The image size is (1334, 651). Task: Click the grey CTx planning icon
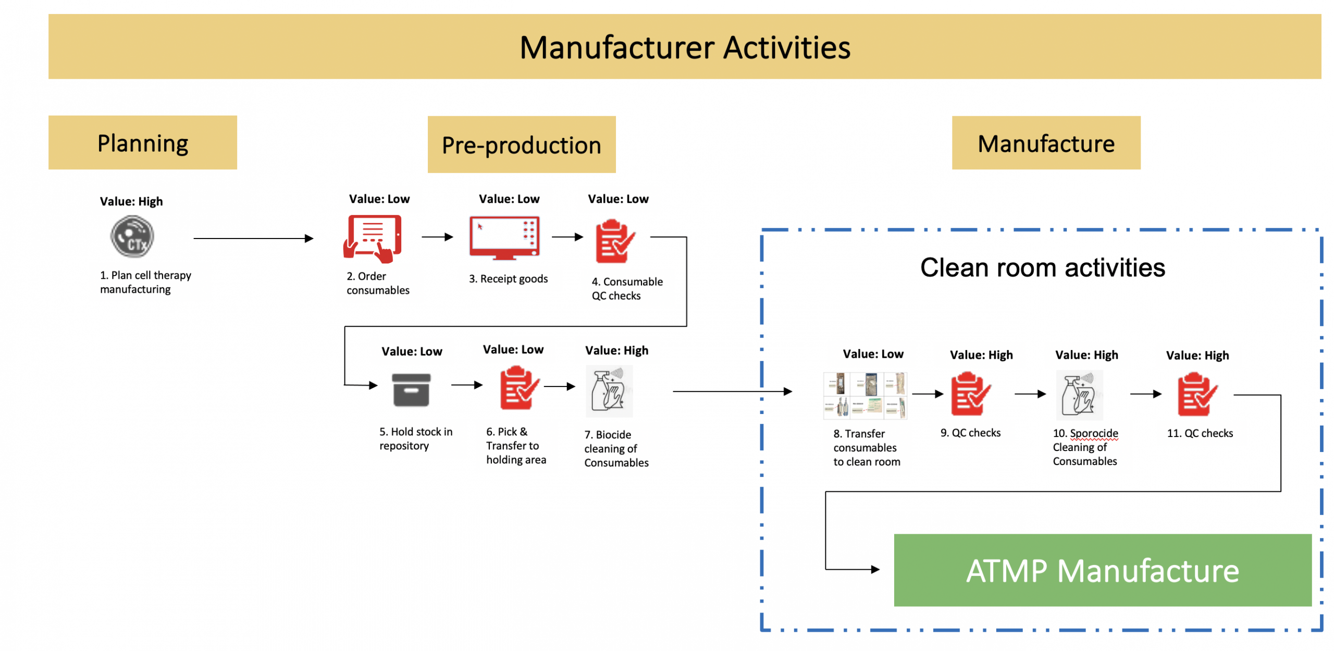(132, 237)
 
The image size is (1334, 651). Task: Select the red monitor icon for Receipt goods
(504, 237)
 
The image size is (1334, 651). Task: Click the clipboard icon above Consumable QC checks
(615, 241)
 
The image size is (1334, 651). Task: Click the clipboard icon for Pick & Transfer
(518, 387)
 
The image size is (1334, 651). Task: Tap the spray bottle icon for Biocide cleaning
(608, 390)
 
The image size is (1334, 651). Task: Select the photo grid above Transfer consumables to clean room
(864, 395)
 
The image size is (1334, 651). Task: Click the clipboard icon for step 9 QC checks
(970, 394)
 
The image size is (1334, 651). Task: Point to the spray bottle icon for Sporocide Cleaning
(1079, 395)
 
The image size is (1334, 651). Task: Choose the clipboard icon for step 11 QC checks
(1197, 394)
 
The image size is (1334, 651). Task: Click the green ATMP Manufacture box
(1102, 570)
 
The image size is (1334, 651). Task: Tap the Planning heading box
(142, 142)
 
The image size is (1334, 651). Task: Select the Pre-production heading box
(521, 144)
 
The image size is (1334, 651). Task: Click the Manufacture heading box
(1045, 143)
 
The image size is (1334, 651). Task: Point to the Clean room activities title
(1042, 267)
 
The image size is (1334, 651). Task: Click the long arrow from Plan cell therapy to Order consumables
(253, 238)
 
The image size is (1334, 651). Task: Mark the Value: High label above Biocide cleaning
(616, 350)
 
